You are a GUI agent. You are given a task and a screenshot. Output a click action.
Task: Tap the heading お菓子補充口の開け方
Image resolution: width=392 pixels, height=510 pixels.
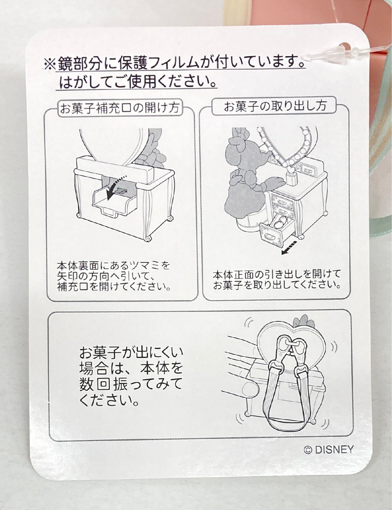[120, 108]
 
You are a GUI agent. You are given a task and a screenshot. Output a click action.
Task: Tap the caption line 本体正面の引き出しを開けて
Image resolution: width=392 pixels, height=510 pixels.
[276, 275]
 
